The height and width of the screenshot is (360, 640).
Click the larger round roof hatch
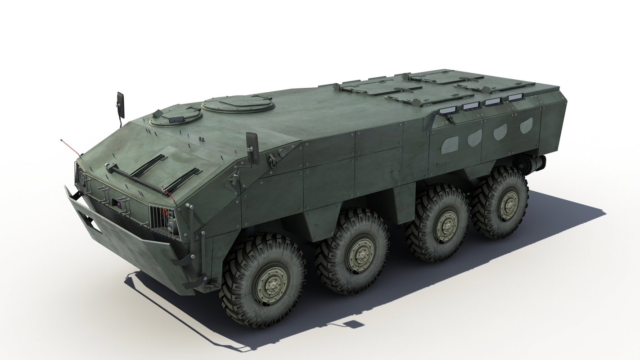[x=238, y=104]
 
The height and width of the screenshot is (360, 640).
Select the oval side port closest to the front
[x=450, y=144]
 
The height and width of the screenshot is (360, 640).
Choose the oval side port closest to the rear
[x=526, y=125]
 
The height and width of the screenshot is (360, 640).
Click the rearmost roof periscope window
[x=515, y=97]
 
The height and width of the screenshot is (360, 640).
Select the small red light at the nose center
[x=119, y=203]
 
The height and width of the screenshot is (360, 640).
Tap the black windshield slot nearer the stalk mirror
[x=148, y=165]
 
